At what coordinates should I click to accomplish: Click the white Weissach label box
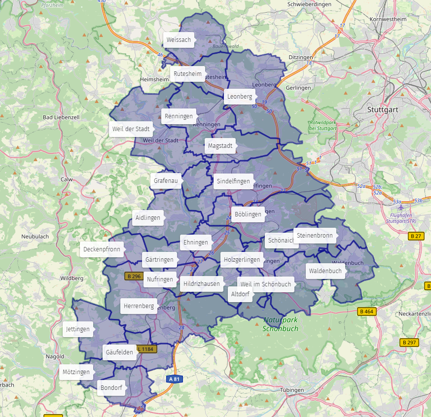[179, 40]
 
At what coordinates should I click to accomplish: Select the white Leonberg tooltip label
[240, 97]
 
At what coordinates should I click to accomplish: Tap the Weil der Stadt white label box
[131, 129]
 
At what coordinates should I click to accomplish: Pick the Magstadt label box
[219, 146]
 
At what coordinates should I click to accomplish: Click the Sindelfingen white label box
[233, 181]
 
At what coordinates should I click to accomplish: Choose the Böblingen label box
[248, 214]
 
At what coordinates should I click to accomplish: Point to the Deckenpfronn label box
[102, 249]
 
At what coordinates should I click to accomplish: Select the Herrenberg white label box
[139, 306]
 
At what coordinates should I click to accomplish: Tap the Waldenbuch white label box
[325, 271]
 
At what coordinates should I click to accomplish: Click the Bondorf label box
[111, 388]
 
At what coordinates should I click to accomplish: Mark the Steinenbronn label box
[315, 236]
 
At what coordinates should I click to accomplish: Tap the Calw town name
[67, 180]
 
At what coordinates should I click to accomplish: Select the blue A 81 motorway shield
[175, 379]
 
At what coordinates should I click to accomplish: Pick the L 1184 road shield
[145, 349]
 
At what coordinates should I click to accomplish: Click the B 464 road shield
[366, 312]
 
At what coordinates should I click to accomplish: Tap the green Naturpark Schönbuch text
[281, 324]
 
